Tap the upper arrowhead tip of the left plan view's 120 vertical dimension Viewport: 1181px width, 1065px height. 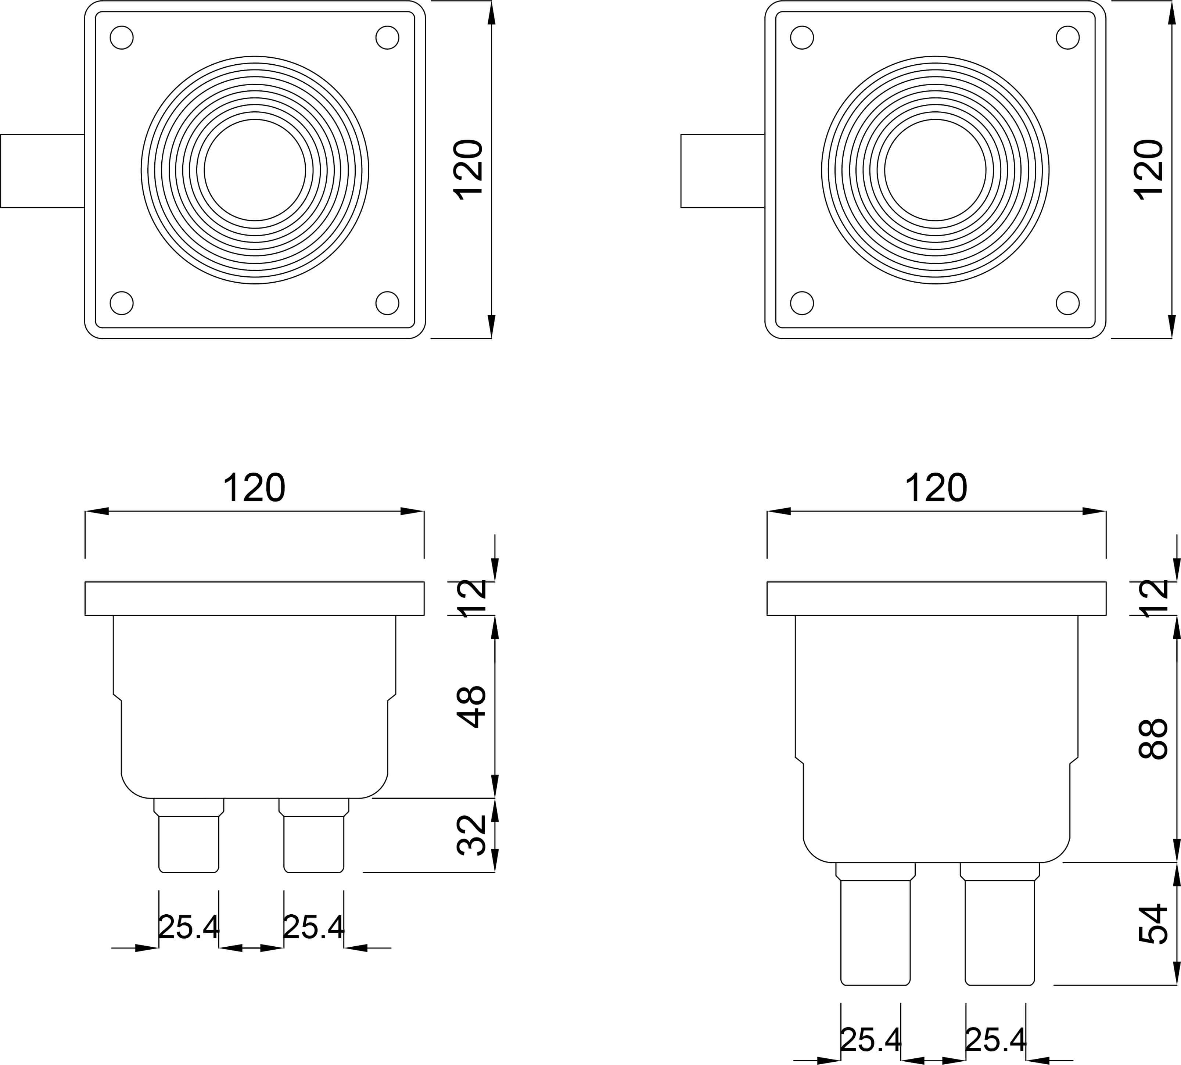pyautogui.click(x=491, y=2)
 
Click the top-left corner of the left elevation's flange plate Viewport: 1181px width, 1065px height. pyautogui.click(x=85, y=582)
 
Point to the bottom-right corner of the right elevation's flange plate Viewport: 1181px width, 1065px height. pyautogui.click(x=1106, y=616)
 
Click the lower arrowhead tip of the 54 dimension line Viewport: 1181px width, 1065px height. pyautogui.click(x=1176, y=985)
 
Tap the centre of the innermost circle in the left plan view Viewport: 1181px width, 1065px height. pyautogui.click(x=255, y=170)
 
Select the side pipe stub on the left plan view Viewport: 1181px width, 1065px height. pyautogui.click(x=43, y=171)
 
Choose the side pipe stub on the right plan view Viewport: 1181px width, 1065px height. pyautogui.click(x=723, y=171)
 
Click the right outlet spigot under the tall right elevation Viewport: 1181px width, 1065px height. pyautogui.click(x=1000, y=924)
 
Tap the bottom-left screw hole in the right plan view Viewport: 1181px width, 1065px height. pyautogui.click(x=802, y=303)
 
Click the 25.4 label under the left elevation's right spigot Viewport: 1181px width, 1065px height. pyautogui.click(x=314, y=927)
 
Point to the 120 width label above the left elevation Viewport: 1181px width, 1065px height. pyautogui.click(x=254, y=487)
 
